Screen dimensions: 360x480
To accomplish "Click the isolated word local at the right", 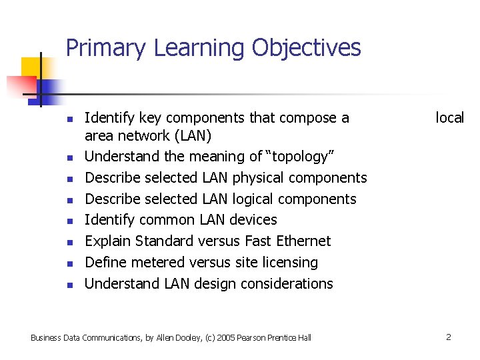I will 449,118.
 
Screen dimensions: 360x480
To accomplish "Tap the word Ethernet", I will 303,241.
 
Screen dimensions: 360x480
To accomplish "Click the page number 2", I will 448,337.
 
